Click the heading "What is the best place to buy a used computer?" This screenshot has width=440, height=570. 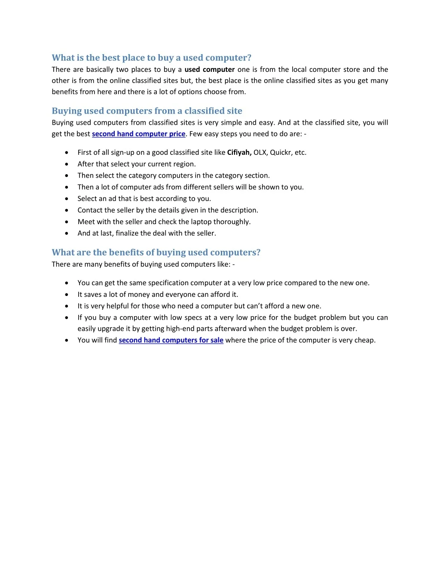click(151, 58)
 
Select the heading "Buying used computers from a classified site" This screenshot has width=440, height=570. click(147, 111)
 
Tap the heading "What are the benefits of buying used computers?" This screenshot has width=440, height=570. click(156, 253)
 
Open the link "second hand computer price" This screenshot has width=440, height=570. click(138, 134)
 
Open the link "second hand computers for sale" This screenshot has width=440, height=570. click(171, 340)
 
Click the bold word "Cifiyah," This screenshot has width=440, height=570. click(239, 152)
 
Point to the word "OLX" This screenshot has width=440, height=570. click(260, 152)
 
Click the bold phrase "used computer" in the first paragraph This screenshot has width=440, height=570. click(210, 70)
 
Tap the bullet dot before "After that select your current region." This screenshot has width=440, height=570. click(67, 164)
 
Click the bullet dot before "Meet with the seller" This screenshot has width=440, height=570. click(67, 222)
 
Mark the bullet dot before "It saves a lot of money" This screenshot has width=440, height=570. click(67, 295)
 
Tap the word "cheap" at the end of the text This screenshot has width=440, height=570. click(364, 340)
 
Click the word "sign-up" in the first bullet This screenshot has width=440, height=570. click(122, 152)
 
